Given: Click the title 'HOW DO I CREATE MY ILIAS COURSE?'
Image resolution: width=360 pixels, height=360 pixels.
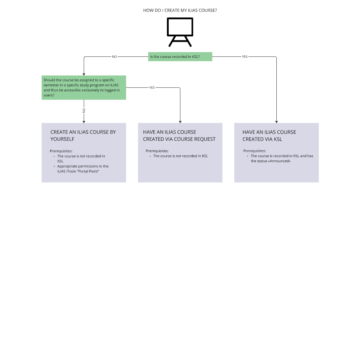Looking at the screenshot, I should coord(180,11).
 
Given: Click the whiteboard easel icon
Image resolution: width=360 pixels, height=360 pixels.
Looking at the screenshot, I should coord(180,32).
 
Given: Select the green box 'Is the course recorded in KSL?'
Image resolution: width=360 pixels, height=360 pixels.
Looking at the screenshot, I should coord(180,57).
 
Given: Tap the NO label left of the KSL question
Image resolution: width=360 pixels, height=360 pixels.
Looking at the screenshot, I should coord(115,57).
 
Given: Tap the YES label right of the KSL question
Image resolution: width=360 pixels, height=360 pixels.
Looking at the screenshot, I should coord(245,57).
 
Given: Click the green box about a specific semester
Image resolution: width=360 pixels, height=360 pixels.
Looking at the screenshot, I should coord(84,88).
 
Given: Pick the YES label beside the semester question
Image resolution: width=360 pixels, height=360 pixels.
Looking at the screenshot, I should coord(152,88).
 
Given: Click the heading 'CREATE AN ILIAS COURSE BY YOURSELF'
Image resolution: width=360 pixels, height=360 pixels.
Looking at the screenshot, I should coord(83,136).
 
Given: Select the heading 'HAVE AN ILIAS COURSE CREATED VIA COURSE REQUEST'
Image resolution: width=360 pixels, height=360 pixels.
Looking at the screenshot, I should coord(179,136).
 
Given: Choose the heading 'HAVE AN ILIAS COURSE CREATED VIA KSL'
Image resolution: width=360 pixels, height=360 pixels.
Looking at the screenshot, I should coord(269,136).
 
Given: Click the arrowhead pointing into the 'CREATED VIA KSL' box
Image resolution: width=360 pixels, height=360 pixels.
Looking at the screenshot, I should coord(276,121).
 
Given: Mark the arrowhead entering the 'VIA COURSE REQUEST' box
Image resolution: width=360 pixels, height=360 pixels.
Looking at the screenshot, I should coord(180,121).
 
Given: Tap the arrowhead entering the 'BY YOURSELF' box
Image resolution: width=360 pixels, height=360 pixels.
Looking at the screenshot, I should coord(84,121).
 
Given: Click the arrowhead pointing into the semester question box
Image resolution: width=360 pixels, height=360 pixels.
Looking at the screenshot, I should coord(84,74).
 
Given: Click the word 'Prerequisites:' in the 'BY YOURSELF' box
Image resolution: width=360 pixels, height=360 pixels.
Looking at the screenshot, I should coord(61,151).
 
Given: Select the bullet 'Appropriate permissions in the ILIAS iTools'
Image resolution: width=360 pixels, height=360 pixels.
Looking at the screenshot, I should coord(83,169).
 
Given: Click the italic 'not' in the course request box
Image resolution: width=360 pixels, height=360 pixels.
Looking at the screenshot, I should coord(179,156).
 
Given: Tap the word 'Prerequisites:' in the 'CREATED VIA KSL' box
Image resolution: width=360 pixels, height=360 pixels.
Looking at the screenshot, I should coord(255,151).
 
